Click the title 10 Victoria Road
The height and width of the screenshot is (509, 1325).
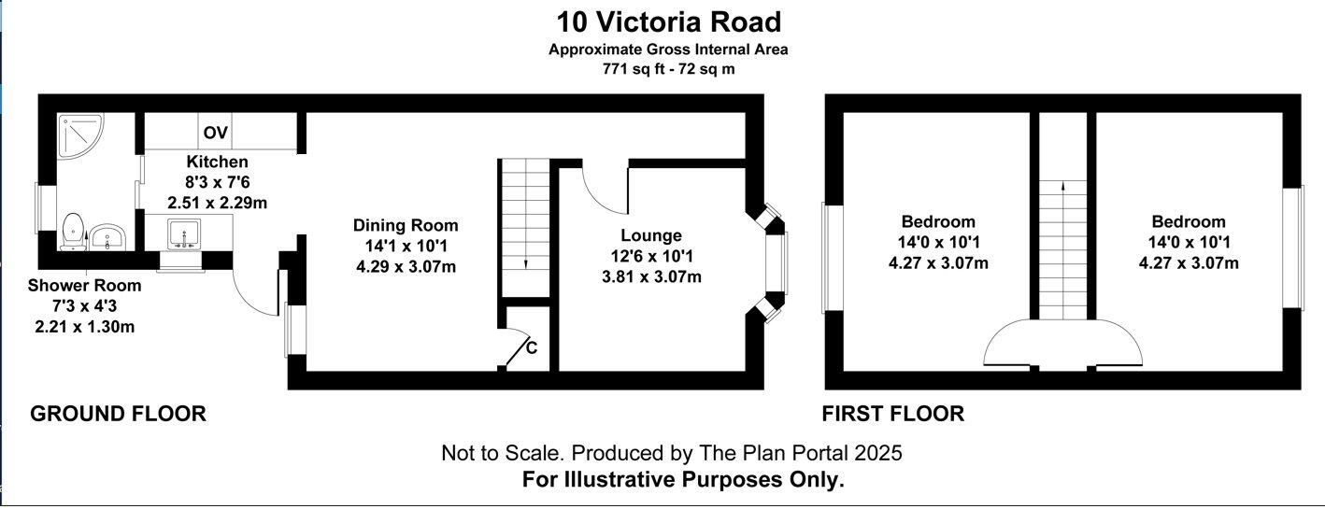[668, 21]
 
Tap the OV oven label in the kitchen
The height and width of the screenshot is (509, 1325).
[216, 133]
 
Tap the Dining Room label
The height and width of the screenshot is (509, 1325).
[406, 225]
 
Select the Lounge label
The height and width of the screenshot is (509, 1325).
[650, 235]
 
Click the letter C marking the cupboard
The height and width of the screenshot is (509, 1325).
[532, 348]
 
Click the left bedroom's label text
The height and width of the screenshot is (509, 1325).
[937, 222]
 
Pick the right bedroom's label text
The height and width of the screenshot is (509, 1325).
[1188, 222]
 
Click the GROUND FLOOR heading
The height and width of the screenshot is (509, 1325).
[119, 414]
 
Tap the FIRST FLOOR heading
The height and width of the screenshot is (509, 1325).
[892, 414]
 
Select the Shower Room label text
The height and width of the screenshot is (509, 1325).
[84, 286]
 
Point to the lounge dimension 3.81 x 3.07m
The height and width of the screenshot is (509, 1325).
[650, 276]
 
